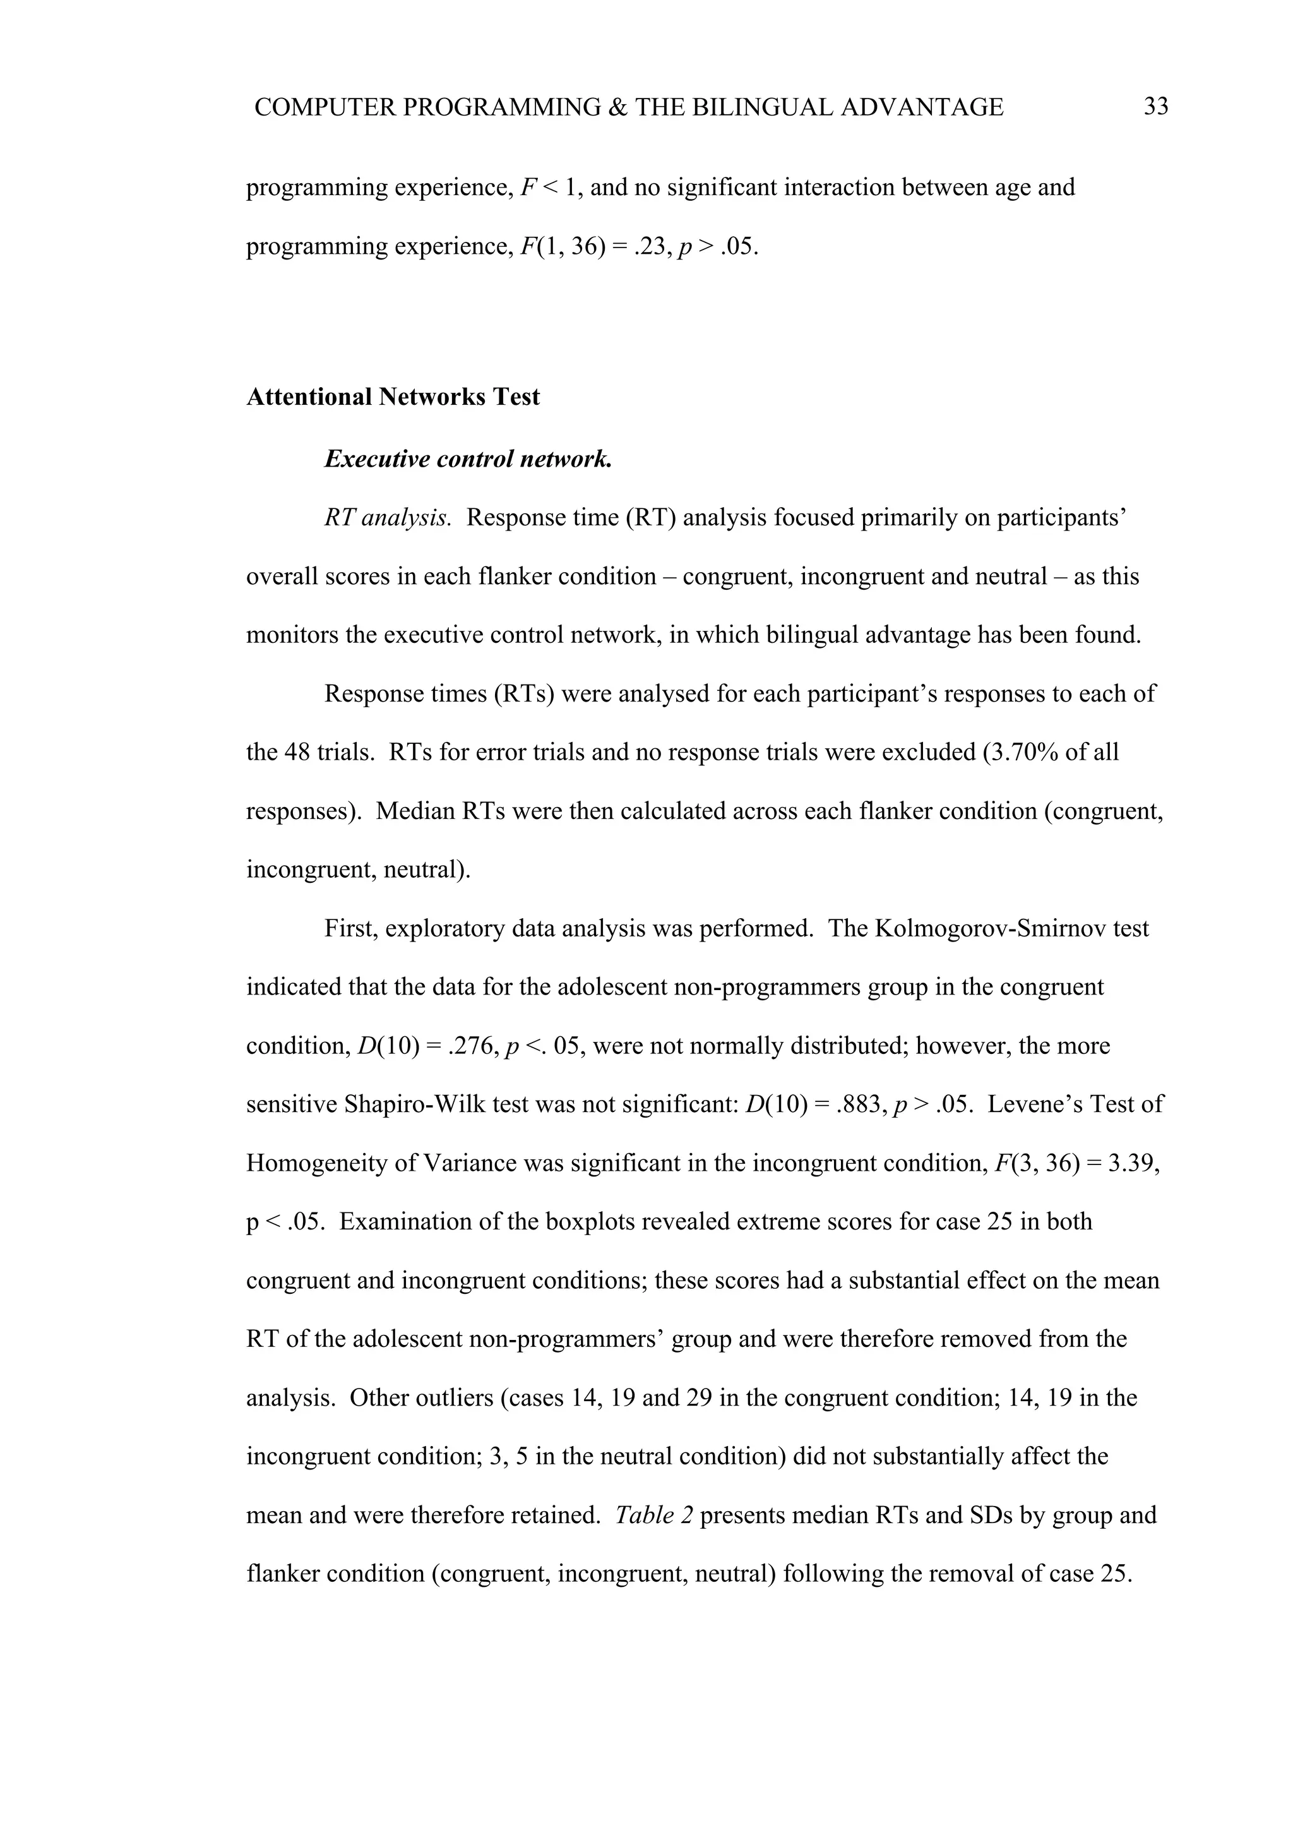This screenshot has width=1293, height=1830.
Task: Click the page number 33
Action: tap(1155, 106)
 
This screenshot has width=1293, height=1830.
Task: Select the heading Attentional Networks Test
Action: tap(393, 397)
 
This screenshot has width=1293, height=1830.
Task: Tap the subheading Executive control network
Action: tap(468, 459)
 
